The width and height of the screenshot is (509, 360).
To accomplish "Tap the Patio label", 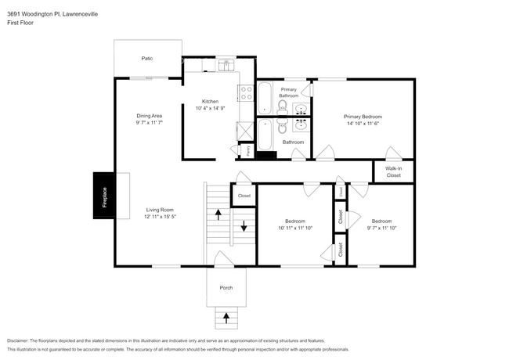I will pos(146,58).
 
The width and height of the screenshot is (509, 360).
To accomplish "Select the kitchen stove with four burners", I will pos(247,93).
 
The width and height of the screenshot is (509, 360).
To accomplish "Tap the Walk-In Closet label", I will pos(393,171).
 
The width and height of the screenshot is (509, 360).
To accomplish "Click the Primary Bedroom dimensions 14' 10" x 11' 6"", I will pos(363,123).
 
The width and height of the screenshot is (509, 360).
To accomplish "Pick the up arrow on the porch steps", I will pos(227,317).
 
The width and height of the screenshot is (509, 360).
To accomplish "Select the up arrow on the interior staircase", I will pos(218,213).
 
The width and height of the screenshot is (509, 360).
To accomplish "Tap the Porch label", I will pos(226,287).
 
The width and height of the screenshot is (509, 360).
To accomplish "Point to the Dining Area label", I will pos(148,116).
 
